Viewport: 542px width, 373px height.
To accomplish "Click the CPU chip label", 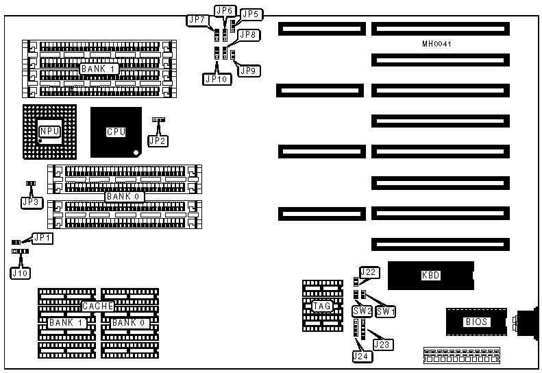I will (116, 132).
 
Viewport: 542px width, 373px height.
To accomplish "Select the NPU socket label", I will (49, 130).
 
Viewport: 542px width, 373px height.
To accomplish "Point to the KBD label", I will (430, 276).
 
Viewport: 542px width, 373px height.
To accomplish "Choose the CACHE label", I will (97, 306).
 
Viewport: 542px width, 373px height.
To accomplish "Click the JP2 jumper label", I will (158, 141).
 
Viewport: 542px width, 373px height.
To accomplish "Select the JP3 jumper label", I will (30, 202).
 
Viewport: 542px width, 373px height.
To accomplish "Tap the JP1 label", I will (42, 237).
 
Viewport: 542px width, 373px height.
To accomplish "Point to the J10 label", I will (20, 272).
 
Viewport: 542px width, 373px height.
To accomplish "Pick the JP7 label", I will (197, 20).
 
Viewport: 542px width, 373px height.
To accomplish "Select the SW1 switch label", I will (386, 311).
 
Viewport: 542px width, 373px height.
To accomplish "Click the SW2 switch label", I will (362, 311).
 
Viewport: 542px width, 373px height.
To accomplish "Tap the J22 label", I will (369, 272).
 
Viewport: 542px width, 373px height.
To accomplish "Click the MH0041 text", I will (436, 44).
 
